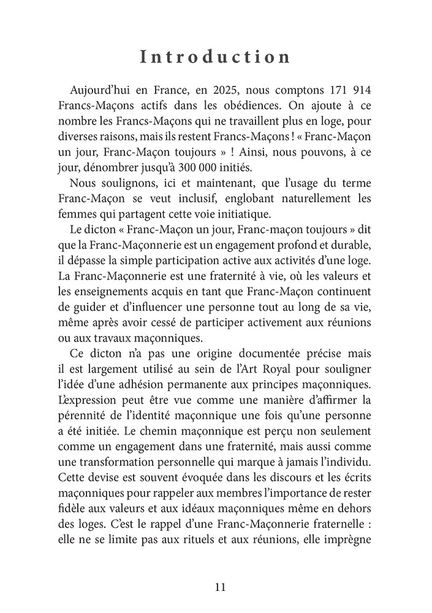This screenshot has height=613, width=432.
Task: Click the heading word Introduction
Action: click(215, 57)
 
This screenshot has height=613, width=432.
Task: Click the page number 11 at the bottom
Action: click(221, 587)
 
